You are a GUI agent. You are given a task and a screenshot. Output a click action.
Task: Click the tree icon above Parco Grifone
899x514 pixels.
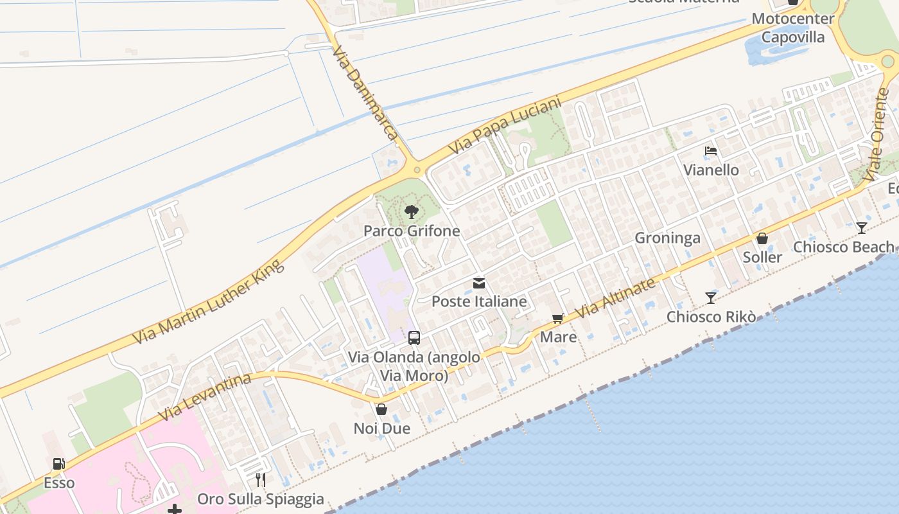click(x=412, y=212)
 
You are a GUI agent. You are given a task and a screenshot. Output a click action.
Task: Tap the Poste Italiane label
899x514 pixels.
click(x=479, y=301)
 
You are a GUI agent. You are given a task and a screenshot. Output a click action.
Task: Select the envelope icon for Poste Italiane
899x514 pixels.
click(x=479, y=283)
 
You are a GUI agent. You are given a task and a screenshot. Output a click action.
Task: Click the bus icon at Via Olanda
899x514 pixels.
click(x=414, y=338)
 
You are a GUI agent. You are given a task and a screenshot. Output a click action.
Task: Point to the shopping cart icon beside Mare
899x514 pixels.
click(x=557, y=319)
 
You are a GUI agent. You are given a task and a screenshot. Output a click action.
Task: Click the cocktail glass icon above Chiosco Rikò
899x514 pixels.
click(x=711, y=298)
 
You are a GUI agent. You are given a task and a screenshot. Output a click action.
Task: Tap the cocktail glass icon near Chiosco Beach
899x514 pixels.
click(x=862, y=228)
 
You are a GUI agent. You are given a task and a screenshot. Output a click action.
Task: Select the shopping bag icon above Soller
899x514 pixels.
click(x=762, y=239)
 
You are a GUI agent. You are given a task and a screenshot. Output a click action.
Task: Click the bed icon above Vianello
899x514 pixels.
click(x=711, y=152)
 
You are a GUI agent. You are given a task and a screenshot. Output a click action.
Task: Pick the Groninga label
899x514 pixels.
click(x=667, y=238)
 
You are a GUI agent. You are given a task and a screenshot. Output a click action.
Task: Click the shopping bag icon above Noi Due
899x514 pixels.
click(x=381, y=409)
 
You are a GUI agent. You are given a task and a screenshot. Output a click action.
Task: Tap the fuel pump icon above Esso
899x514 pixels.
click(x=58, y=464)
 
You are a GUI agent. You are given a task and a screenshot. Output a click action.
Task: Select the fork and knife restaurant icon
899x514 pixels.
click(x=261, y=480)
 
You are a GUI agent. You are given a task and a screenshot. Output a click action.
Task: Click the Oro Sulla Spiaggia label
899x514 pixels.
click(x=261, y=499)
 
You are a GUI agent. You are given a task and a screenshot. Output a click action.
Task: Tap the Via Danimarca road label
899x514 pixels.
click(x=365, y=93)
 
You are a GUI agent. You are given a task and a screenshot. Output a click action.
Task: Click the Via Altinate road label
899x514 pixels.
click(x=616, y=297)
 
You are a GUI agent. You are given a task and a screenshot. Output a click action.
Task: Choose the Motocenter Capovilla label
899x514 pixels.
click(x=793, y=28)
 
